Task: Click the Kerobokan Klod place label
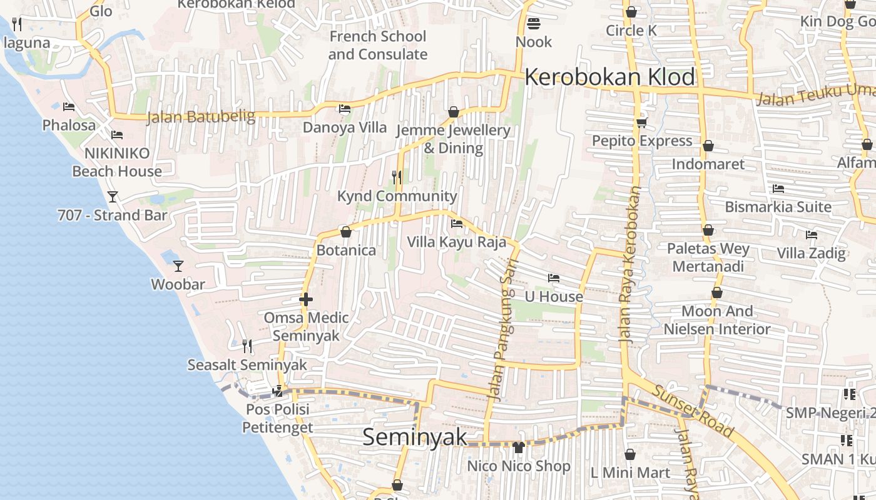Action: (x=609, y=77)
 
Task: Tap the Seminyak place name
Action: (x=415, y=437)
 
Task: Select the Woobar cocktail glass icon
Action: (x=178, y=266)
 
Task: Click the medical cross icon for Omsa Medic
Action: (x=306, y=299)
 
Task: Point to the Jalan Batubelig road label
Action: (x=201, y=117)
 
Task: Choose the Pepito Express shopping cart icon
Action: (x=641, y=122)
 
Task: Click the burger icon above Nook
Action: (x=534, y=24)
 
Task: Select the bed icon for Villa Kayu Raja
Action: (x=457, y=223)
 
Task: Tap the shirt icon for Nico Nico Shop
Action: (x=518, y=447)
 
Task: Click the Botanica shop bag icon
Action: (x=345, y=232)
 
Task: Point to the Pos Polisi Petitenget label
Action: (x=277, y=419)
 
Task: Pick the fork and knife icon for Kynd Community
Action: (x=397, y=177)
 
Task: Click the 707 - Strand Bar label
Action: (x=113, y=216)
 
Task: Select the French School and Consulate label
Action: (x=378, y=45)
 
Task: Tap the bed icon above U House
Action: (x=554, y=278)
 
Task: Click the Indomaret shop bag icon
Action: (x=708, y=146)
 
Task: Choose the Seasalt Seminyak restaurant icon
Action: (x=247, y=346)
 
